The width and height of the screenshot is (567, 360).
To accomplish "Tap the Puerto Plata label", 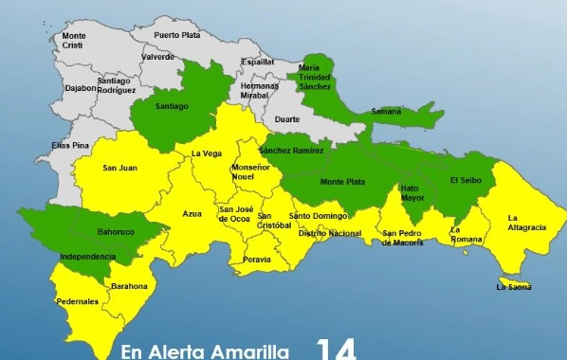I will [x=178, y=35].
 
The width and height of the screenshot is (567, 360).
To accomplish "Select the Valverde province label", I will [x=157, y=56].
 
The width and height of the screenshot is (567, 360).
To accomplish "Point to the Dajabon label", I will [x=80, y=88].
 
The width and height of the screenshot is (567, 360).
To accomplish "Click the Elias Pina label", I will [x=70, y=145].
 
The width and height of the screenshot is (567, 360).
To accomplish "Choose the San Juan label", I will [x=120, y=169].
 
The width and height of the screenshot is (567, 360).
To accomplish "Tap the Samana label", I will [x=386, y=111].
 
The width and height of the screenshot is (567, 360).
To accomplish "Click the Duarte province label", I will [x=286, y=119].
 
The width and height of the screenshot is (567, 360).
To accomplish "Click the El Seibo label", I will [x=466, y=181].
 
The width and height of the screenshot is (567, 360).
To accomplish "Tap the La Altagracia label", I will [x=526, y=223].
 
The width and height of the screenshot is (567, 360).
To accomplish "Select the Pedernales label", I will [x=77, y=302].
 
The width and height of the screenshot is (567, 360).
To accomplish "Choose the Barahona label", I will [x=129, y=286].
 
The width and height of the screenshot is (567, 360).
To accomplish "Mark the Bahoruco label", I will [x=118, y=231].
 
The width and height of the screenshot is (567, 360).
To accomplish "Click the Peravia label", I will [x=257, y=259].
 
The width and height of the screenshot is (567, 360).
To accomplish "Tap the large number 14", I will [x=337, y=349].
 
